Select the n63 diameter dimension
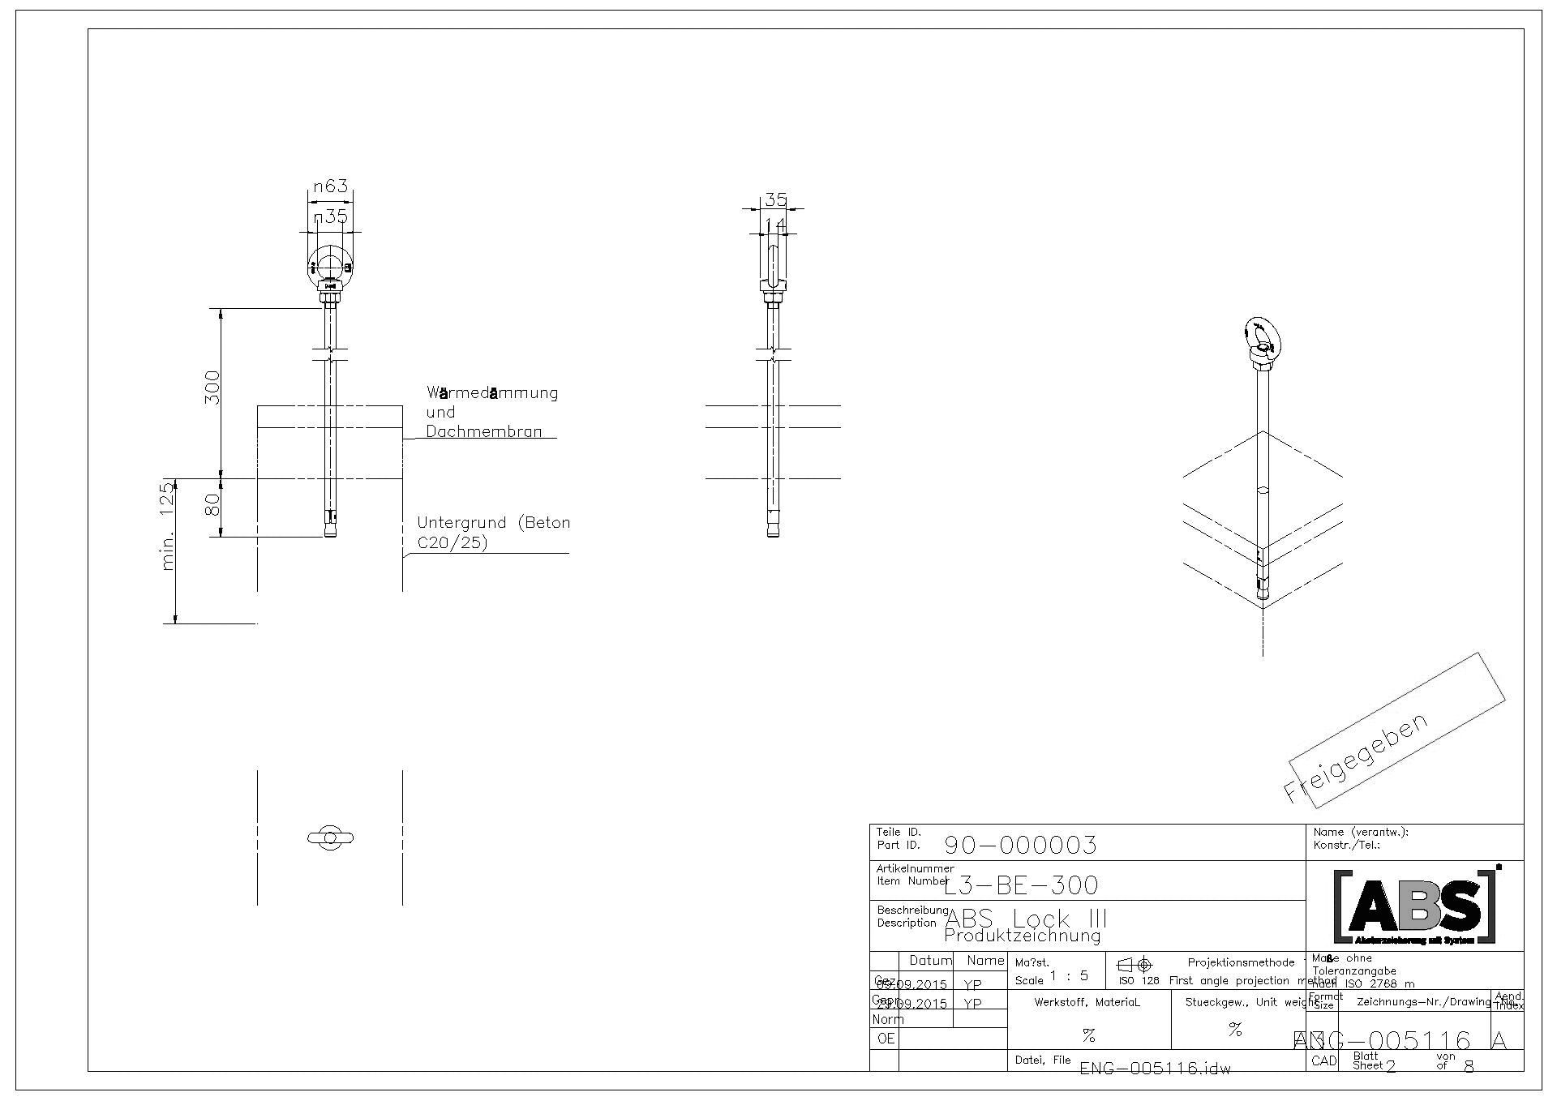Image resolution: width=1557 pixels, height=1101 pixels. [331, 186]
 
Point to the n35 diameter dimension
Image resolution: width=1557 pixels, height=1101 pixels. [331, 216]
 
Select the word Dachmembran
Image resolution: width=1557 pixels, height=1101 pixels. [483, 432]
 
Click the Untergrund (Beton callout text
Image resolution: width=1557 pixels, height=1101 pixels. [493, 523]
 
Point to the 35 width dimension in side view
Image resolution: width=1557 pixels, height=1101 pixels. [775, 199]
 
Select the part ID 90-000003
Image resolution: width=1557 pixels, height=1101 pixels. [1020, 846]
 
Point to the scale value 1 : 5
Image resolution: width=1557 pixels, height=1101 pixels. [1069, 976]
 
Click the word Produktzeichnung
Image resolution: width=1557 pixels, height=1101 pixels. [1022, 936]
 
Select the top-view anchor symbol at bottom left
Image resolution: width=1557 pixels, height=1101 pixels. [330, 838]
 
